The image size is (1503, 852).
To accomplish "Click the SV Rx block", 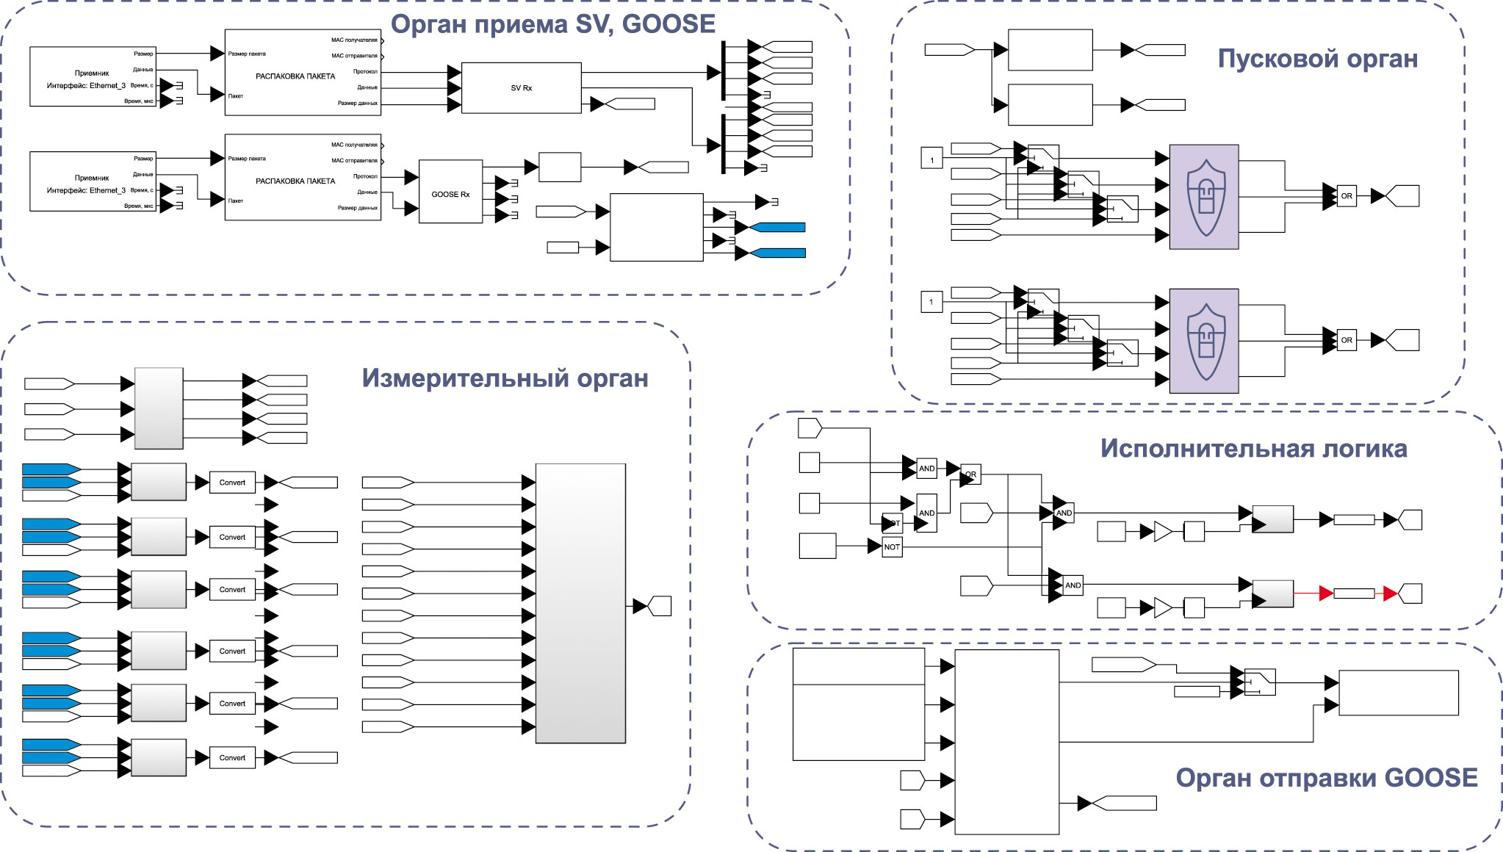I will (521, 88).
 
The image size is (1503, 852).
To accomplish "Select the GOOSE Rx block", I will (450, 195).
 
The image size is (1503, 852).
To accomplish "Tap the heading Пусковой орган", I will (1317, 59).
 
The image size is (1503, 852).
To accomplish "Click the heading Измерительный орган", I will (505, 378).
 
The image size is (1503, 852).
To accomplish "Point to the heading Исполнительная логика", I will (1253, 449).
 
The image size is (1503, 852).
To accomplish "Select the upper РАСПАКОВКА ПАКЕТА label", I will (295, 76).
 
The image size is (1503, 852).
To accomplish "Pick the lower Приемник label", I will (92, 178).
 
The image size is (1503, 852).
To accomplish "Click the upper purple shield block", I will (1204, 197).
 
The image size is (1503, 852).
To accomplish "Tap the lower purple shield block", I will (1204, 341).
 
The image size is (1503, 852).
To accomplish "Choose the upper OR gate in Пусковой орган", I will (1346, 196).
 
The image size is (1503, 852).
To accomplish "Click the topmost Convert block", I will (232, 483).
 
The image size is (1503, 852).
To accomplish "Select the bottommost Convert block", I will (232, 758).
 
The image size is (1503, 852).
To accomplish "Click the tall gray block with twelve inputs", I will (580, 603).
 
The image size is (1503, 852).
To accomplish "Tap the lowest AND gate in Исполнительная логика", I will (1073, 585).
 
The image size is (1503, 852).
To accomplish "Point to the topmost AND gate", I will (926, 469).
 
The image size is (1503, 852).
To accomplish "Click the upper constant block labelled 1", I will (931, 159).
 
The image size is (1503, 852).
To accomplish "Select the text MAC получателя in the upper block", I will (354, 40).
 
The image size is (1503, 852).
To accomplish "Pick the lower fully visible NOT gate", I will (892, 547).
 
